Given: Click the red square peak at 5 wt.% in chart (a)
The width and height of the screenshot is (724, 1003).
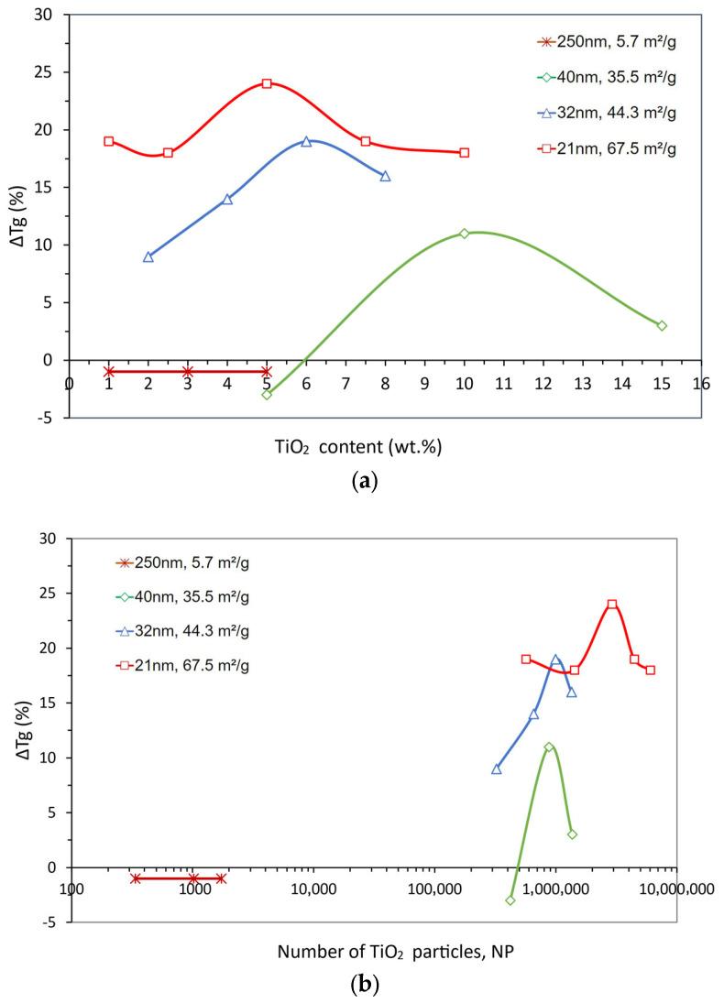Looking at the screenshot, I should [267, 83].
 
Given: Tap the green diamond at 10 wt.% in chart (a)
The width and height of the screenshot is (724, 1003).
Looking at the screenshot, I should [465, 234].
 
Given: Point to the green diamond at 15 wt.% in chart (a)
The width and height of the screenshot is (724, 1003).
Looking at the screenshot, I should [662, 325].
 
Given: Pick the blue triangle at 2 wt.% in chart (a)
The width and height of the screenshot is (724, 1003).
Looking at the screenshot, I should [148, 256].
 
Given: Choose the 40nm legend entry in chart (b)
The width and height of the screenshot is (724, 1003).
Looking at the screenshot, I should [181, 597].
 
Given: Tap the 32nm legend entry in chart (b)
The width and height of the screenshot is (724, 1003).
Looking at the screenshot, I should [181, 631].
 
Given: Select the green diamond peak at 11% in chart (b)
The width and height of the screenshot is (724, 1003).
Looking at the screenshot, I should [549, 747].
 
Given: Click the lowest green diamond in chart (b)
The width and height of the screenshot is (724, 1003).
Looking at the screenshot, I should [510, 900].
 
